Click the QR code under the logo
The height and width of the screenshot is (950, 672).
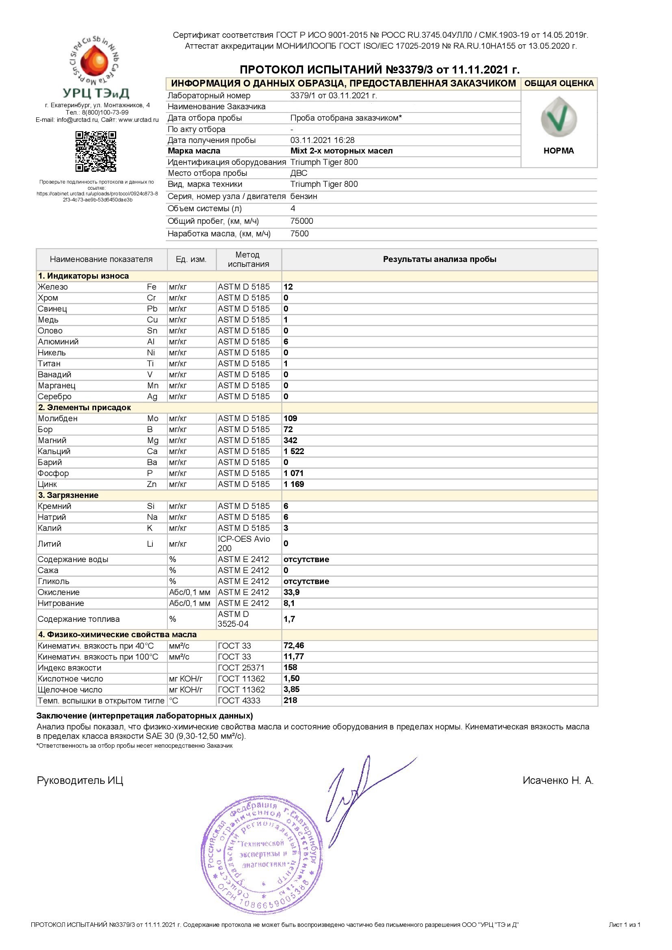95,151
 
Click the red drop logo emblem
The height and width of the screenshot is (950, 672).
95,61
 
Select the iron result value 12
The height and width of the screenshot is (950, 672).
288,287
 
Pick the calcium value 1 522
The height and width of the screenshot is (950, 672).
294,451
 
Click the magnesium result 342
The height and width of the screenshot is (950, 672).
290,440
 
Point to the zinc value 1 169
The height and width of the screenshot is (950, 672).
294,484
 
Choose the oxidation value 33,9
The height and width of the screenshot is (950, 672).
292,592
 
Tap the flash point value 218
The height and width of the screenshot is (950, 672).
290,700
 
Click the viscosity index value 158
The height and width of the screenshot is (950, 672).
290,667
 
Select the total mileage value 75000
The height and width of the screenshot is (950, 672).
301,221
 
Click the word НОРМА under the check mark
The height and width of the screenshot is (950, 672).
559,151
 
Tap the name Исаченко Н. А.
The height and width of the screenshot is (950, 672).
558,780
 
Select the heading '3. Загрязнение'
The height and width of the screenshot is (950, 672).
68,495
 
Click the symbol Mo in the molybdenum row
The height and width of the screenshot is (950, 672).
153,418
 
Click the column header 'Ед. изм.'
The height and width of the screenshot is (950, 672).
191,260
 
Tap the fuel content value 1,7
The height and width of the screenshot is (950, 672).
289,619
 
